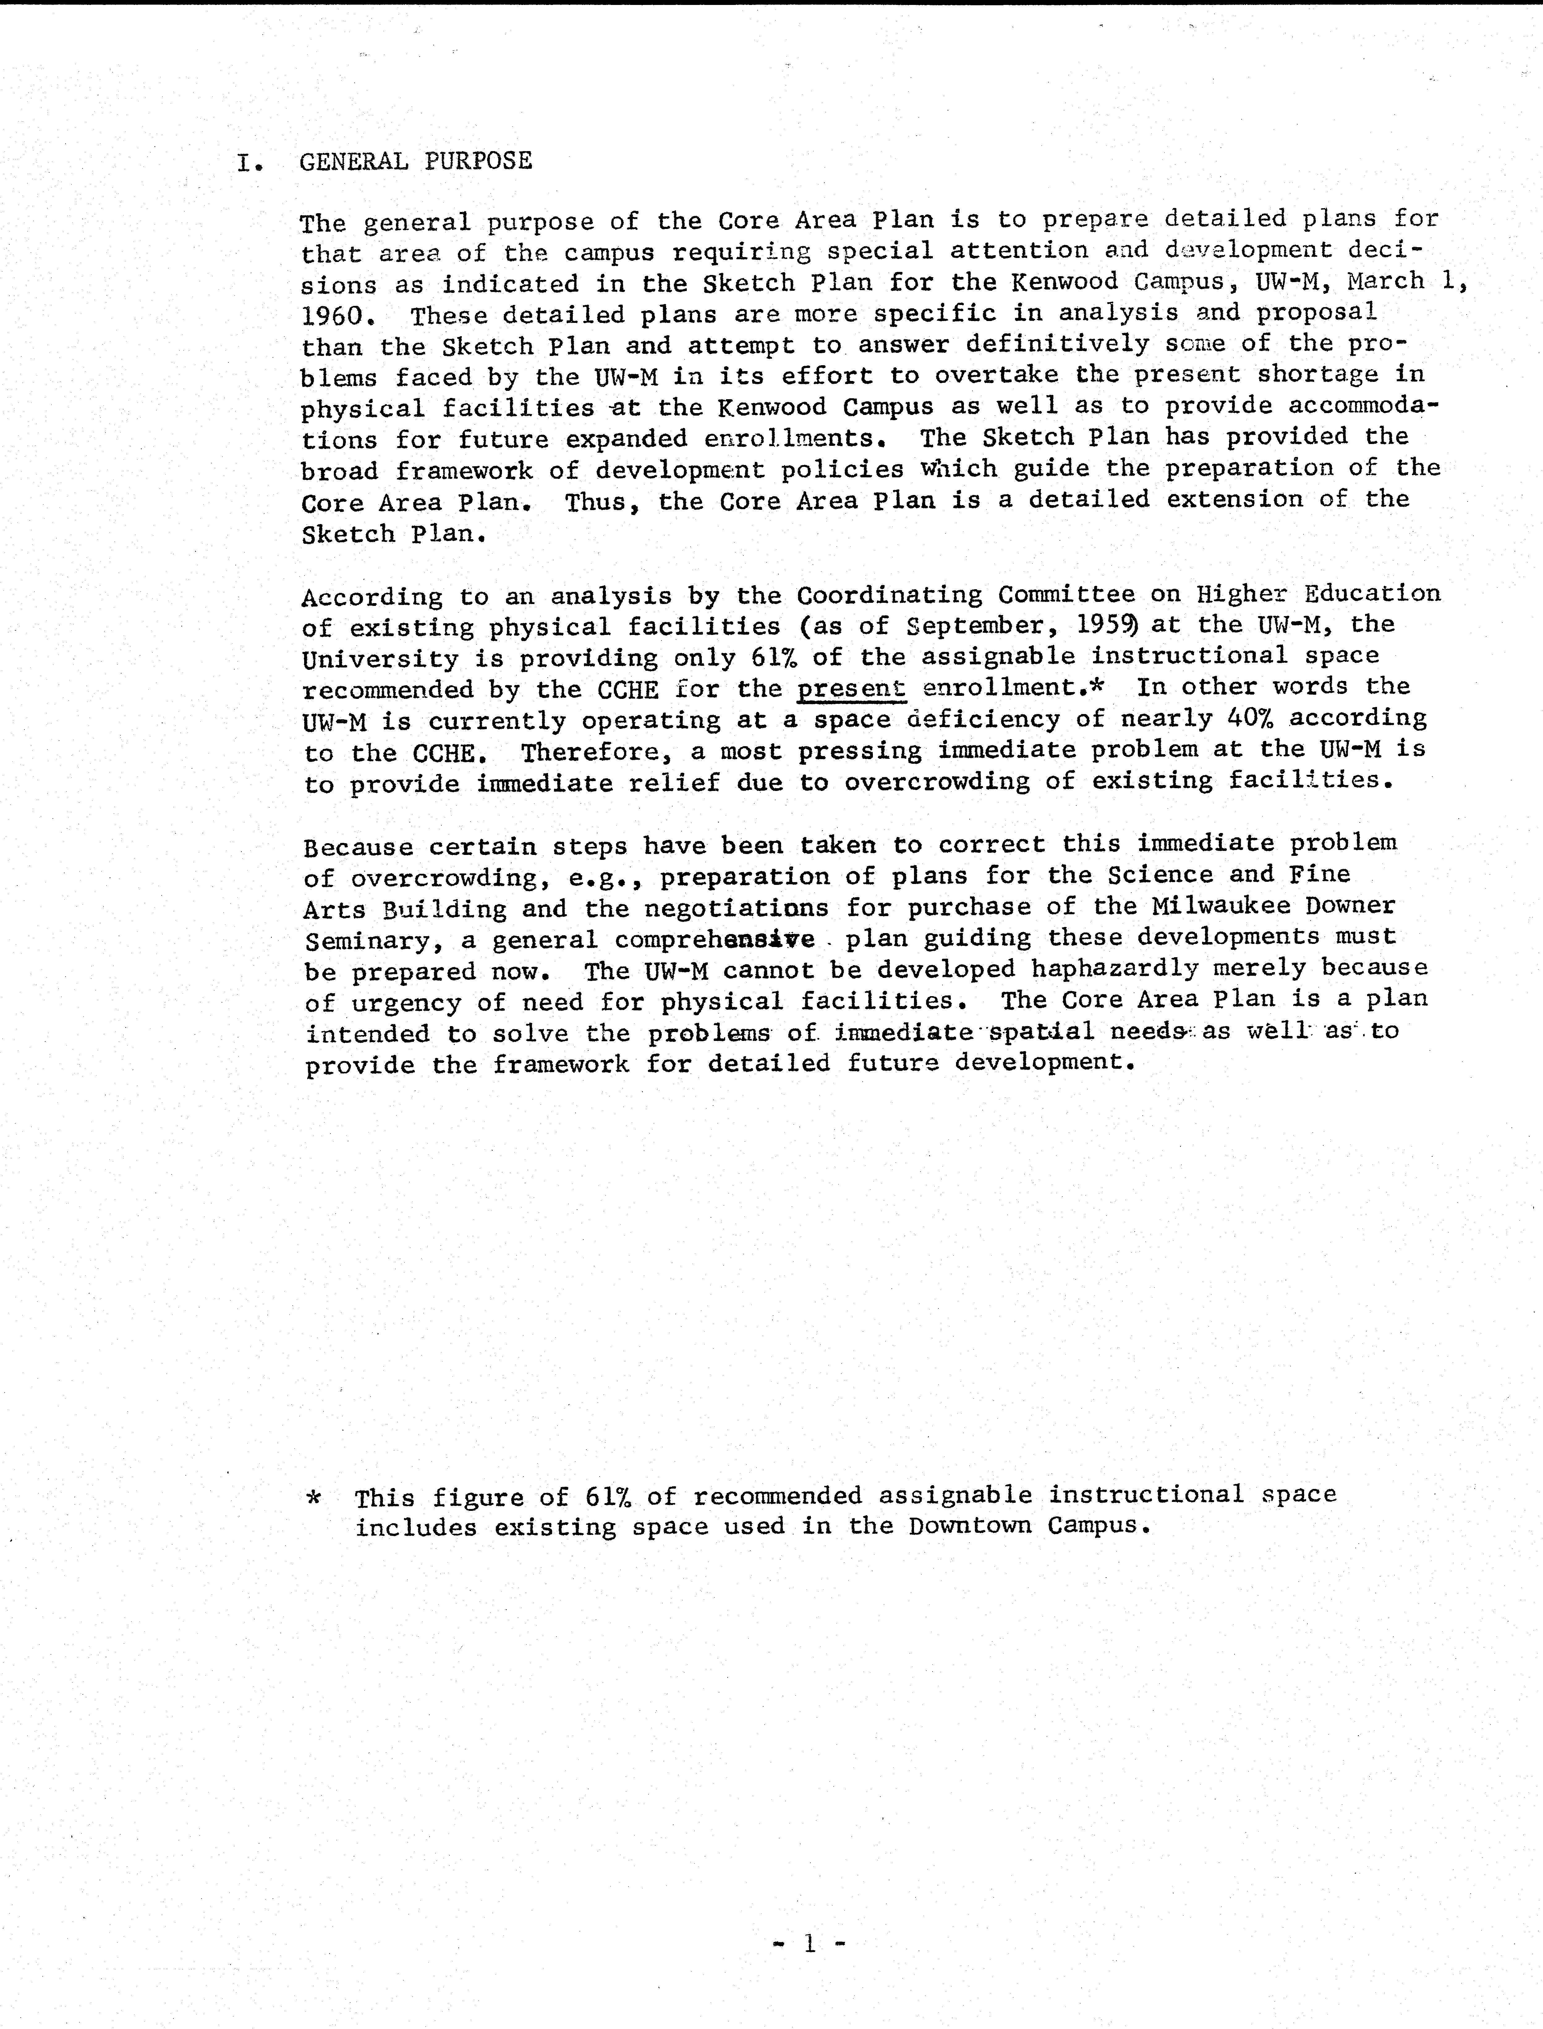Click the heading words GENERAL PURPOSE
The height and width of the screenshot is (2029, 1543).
pyautogui.click(x=415, y=162)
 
